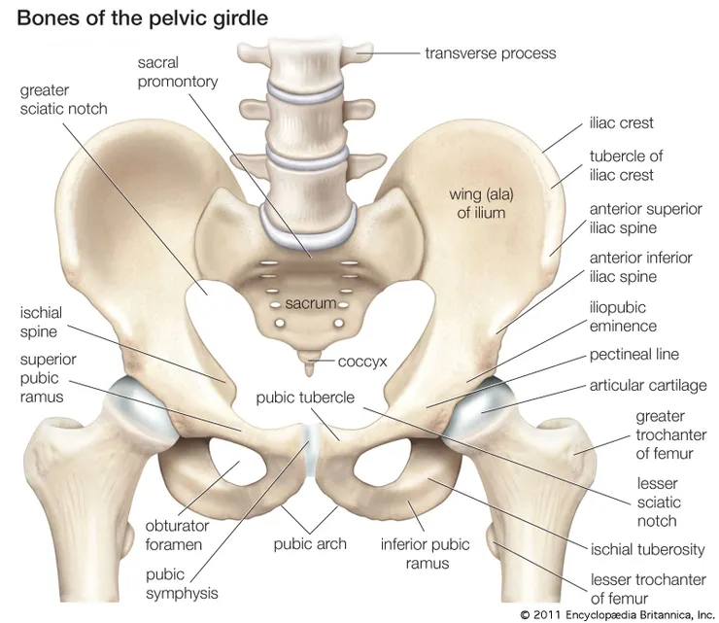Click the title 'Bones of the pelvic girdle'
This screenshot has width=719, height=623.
click(142, 18)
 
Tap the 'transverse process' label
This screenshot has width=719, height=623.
click(491, 53)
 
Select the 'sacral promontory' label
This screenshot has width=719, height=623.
click(178, 72)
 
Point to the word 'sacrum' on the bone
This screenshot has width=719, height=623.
click(311, 303)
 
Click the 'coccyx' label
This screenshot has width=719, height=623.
click(362, 362)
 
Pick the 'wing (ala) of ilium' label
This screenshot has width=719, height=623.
click(481, 204)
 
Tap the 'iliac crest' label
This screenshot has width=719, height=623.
click(621, 123)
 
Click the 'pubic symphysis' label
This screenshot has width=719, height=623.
click(182, 583)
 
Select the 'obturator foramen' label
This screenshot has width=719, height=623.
click(177, 535)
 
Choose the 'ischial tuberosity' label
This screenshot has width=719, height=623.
click(647, 549)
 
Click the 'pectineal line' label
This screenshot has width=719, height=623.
click(634, 354)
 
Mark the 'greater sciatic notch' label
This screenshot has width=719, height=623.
click(63, 99)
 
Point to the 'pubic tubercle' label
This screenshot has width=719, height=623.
click(305, 398)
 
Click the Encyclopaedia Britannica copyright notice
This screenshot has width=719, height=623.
click(617, 614)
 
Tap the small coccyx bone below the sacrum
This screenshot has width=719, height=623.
click(310, 362)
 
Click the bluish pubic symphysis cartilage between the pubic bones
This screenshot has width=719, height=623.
click(312, 451)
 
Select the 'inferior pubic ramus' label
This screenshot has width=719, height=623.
click(425, 554)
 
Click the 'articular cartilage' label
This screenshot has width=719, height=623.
click(648, 385)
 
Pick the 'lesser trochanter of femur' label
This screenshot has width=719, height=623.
click(648, 589)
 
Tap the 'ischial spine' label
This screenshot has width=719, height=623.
click(41, 322)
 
